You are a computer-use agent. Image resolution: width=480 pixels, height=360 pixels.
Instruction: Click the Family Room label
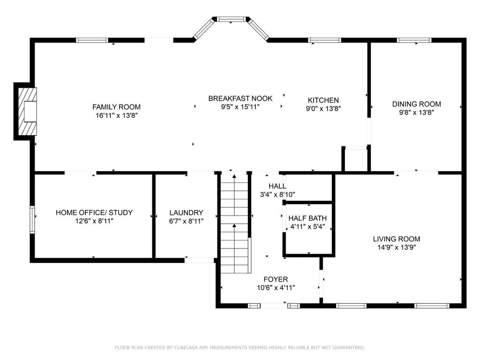coord(116,107)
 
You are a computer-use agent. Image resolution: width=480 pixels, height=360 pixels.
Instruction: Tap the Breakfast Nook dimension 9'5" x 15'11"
coord(240,107)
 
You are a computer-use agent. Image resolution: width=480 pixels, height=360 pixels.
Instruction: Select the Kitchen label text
coord(323,100)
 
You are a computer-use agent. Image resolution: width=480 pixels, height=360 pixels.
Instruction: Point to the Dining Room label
coord(417,104)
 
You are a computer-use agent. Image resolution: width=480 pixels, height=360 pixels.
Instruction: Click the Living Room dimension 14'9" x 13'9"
coord(397,247)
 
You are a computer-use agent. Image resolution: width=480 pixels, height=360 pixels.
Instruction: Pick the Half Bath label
coord(307,218)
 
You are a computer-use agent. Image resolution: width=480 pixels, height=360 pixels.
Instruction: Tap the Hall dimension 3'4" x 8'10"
coord(277,195)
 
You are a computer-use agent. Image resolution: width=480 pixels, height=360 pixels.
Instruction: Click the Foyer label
coord(276,279)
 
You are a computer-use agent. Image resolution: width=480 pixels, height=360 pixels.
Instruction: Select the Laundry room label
coord(186,212)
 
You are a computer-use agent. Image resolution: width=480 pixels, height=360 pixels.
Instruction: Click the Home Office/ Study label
coord(94,212)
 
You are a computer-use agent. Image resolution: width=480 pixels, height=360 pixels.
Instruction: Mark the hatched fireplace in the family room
coord(27,112)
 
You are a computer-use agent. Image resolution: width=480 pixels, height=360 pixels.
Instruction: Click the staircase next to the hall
coord(234,224)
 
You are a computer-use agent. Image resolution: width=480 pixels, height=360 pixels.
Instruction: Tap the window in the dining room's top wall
coord(414,40)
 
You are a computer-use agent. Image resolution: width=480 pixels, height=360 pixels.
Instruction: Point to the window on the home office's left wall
coord(32,220)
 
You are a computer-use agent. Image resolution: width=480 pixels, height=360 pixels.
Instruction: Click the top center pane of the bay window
coord(231,19)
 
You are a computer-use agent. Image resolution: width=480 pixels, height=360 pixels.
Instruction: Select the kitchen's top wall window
coord(324,40)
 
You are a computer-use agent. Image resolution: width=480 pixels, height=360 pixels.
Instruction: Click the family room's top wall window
coord(92,40)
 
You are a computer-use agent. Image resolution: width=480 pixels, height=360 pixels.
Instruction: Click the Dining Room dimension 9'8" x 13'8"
coord(417,112)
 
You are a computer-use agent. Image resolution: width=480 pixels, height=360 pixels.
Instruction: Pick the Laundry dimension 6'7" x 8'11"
coord(186,221)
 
